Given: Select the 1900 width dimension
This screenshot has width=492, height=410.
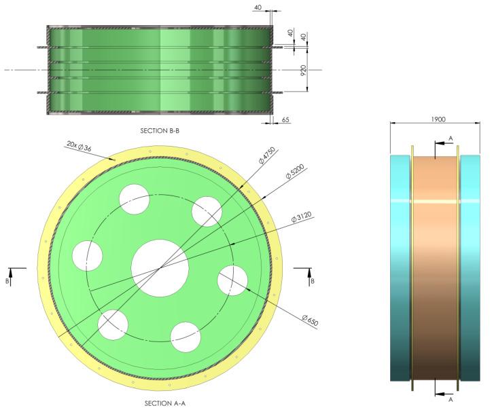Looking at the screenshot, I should tap(438, 119).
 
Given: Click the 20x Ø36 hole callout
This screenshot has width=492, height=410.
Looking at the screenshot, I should tap(80, 146).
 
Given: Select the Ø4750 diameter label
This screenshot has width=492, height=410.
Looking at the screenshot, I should tap(267, 160).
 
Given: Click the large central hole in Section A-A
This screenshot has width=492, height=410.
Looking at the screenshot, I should tap(160, 267).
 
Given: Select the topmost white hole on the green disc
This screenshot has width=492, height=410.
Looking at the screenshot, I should tap(135, 198).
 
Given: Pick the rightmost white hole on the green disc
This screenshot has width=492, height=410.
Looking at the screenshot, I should tap(232, 280).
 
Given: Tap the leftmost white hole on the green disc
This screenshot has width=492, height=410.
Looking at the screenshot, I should tap(87, 255).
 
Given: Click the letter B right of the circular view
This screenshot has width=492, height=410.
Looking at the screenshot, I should tap(311, 279).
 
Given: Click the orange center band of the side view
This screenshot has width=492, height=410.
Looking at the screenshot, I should tap(435, 272).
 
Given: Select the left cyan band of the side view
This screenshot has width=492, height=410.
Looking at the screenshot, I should tap(400, 272).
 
